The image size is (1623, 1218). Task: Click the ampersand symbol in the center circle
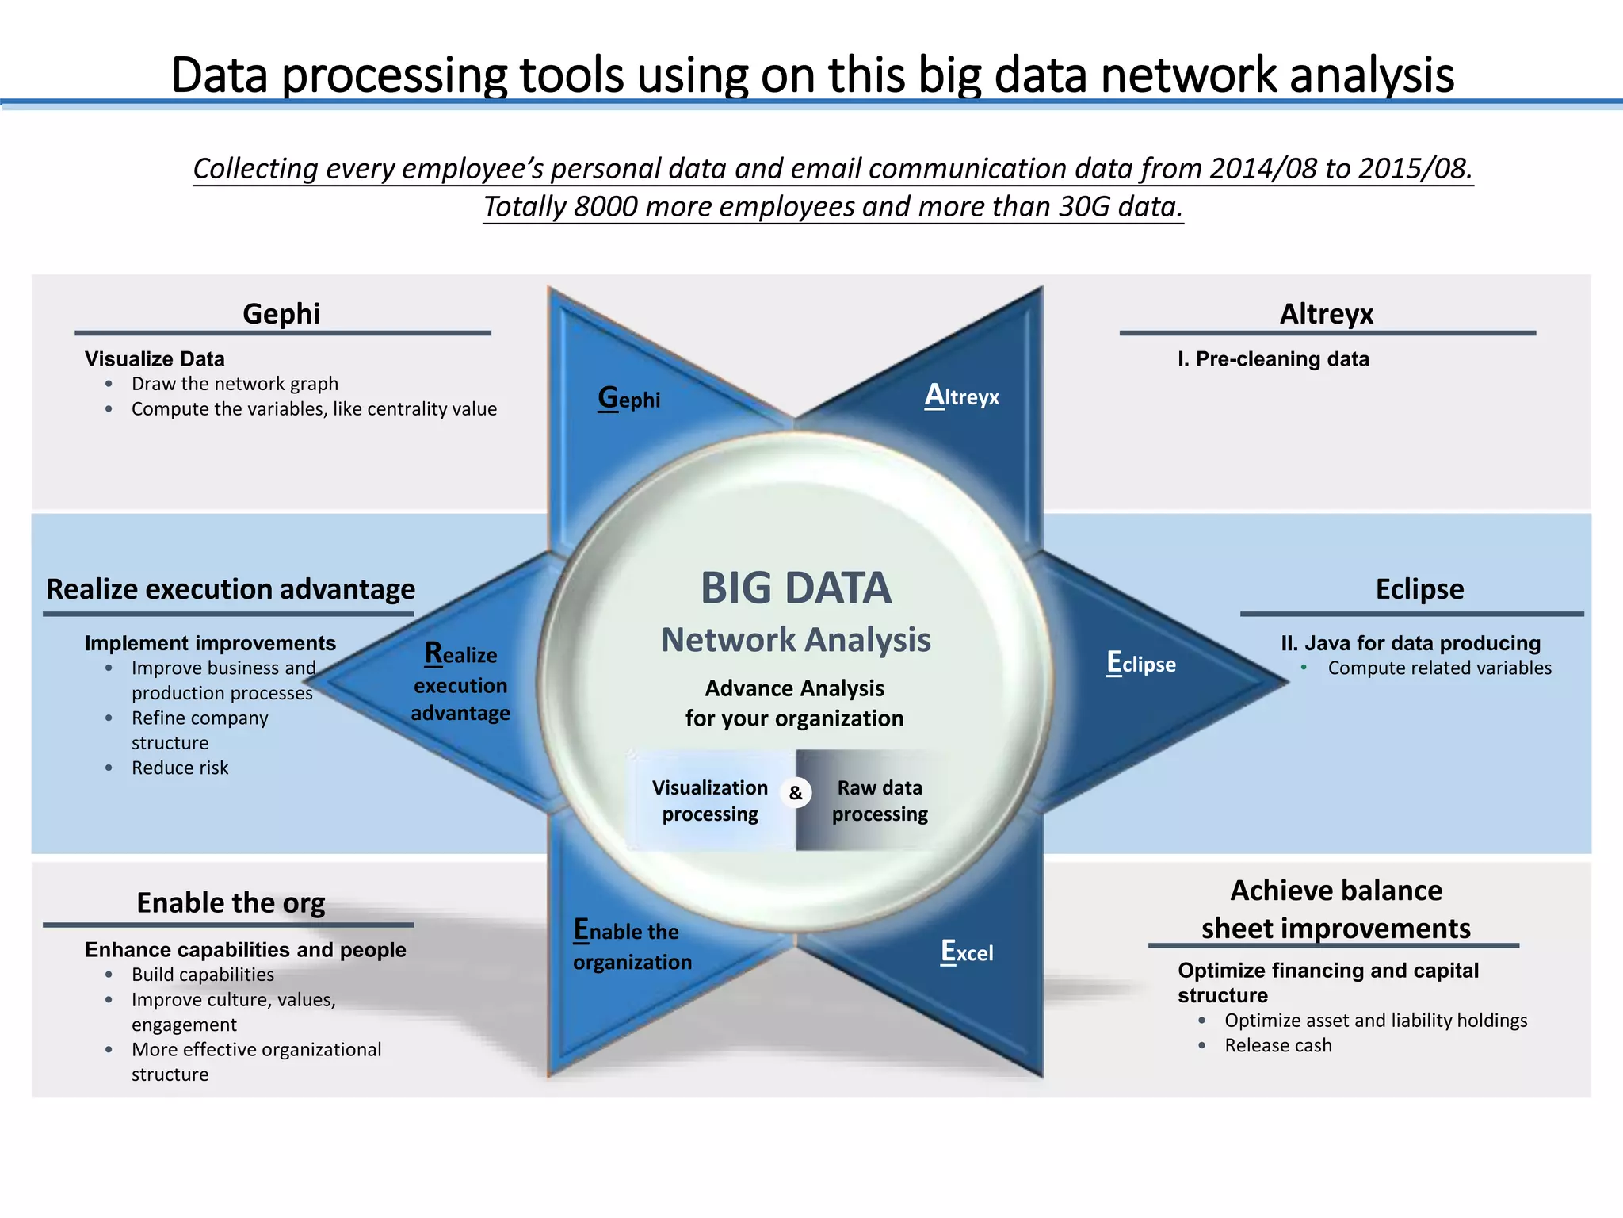[x=796, y=793]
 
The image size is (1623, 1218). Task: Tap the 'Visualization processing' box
[x=710, y=800]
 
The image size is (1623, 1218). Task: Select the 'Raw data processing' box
[x=880, y=800]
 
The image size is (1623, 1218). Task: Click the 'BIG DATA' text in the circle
[x=796, y=588]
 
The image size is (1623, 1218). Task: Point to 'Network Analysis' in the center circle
[x=796, y=640]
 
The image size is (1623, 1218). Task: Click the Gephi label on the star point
[x=629, y=398]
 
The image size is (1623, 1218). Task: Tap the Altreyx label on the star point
[x=962, y=396]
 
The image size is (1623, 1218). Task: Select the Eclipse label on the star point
[x=1141, y=664]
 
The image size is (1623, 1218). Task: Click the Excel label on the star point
[x=967, y=952]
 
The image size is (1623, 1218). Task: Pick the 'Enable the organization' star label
[x=632, y=946]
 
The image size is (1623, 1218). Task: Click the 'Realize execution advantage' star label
[x=460, y=684]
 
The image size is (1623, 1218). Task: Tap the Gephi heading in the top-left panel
[x=281, y=314]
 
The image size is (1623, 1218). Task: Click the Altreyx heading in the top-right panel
[x=1327, y=314]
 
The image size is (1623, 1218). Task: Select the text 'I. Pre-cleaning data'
[x=1274, y=359]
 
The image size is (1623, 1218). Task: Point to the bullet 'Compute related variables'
[x=1439, y=668]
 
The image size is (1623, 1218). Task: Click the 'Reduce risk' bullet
[x=180, y=768]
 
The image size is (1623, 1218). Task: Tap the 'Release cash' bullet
[x=1278, y=1045]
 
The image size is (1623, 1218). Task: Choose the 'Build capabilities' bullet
[x=203, y=975]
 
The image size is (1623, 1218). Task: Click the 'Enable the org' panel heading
[x=231, y=903]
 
